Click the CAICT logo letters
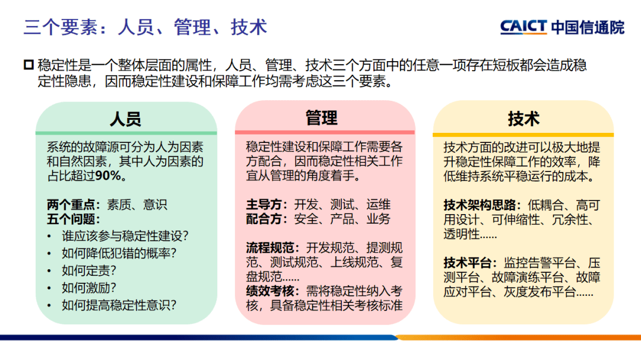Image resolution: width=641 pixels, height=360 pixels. click(523, 27)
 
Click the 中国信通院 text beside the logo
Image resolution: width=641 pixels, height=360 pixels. click(588, 27)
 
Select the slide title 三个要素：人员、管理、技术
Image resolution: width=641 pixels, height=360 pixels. click(145, 27)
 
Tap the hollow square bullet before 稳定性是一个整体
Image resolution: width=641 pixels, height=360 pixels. click(28, 65)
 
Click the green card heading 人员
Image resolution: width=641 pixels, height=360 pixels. click(126, 119)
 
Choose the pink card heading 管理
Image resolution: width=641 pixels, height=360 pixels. click(322, 118)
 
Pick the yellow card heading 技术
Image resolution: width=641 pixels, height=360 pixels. click(523, 119)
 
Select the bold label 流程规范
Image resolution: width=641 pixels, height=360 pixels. click(274, 248)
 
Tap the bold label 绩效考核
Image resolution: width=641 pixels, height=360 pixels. click(274, 291)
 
